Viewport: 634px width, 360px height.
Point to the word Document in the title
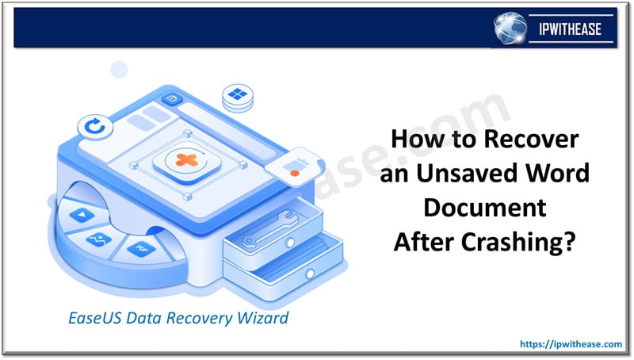[x=484, y=208]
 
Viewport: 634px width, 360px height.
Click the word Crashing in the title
[x=525, y=241]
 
